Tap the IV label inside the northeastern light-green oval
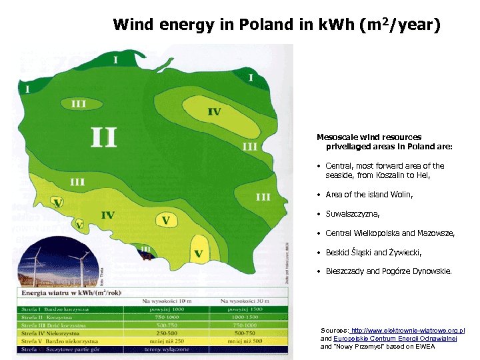point(214,112)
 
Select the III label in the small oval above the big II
point(79,104)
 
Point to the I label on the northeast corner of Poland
point(251,78)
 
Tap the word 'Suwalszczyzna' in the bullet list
point(352,215)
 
